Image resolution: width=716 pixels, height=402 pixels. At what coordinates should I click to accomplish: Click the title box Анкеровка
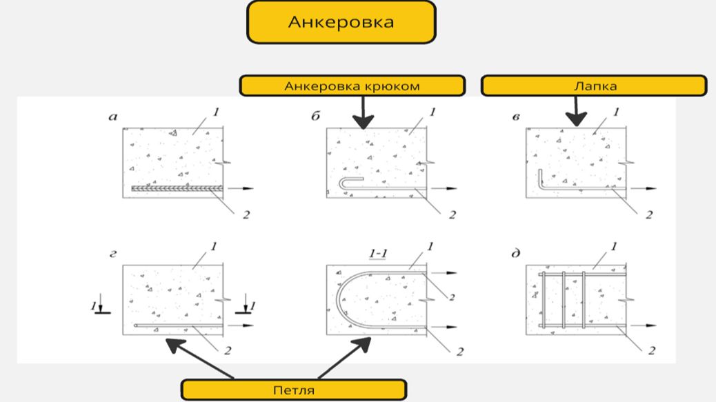[341, 22]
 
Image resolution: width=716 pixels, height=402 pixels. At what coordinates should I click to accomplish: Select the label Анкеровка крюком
[352, 86]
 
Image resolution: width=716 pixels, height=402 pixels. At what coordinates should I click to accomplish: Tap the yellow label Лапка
[593, 86]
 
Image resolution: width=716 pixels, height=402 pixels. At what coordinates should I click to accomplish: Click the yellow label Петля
[293, 390]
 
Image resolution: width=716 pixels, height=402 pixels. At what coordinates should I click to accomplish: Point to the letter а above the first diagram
[113, 117]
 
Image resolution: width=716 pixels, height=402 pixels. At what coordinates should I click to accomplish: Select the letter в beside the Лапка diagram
[515, 117]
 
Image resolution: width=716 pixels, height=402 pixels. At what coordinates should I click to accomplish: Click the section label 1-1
[377, 254]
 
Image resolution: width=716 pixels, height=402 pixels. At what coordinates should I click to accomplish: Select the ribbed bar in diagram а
[176, 188]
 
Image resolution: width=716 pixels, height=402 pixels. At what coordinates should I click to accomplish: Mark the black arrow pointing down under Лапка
[577, 111]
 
